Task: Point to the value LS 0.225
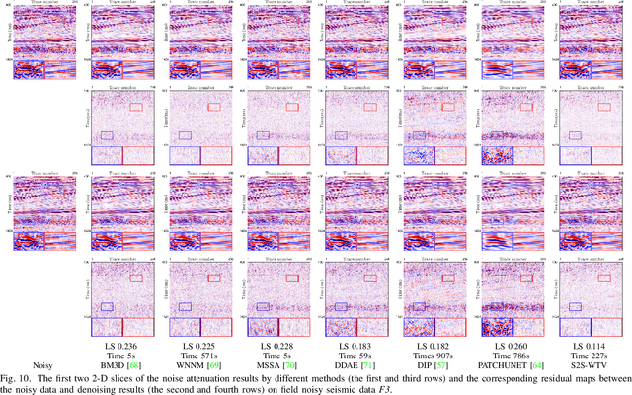(x=189, y=344)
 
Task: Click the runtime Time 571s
(x=189, y=354)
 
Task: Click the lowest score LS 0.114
(x=582, y=344)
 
